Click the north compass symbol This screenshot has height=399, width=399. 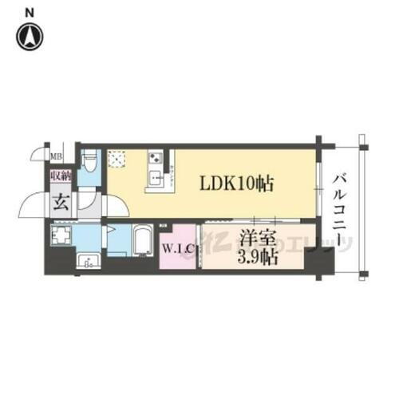pyautogui.click(x=30, y=35)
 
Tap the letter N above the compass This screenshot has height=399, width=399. pyautogui.click(x=30, y=12)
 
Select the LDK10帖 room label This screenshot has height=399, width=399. pyautogui.click(x=237, y=184)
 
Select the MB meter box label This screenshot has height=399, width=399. pyautogui.click(x=57, y=156)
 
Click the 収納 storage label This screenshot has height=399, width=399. pyautogui.click(x=61, y=176)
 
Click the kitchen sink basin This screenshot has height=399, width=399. pyautogui.click(x=152, y=177)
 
